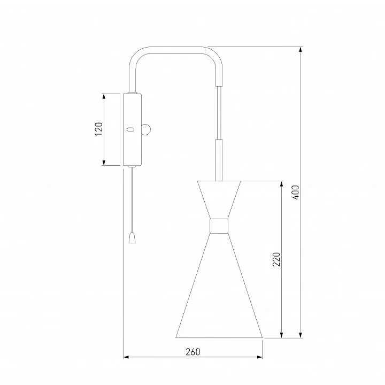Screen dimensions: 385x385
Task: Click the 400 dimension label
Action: click(x=296, y=192)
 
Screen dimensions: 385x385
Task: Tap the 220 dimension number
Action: click(x=276, y=259)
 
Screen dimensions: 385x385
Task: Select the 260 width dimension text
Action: click(x=192, y=352)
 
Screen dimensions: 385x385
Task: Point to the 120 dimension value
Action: click(x=99, y=129)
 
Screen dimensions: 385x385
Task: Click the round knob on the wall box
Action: click(x=147, y=129)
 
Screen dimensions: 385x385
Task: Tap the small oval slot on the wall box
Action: click(x=131, y=129)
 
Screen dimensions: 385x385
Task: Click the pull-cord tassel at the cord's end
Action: click(x=132, y=238)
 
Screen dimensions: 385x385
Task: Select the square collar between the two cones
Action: click(x=219, y=226)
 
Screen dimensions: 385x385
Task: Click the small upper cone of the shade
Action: click(x=219, y=199)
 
